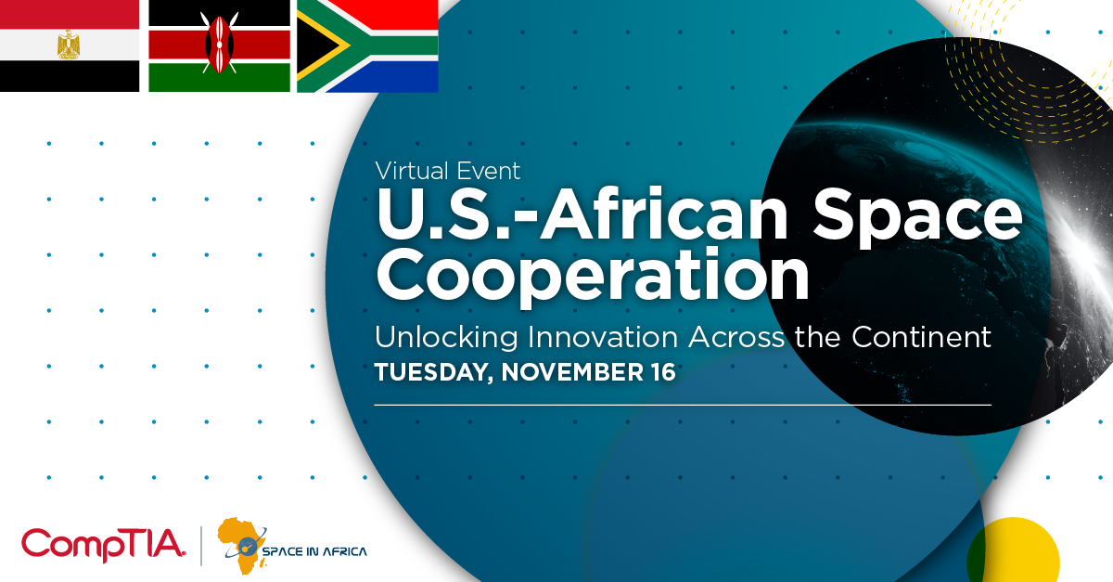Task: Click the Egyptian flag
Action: pyautogui.click(x=70, y=45)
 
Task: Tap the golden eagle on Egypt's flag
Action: pyautogui.click(x=69, y=45)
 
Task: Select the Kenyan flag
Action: pyautogui.click(x=219, y=45)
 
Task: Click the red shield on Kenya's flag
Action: pyautogui.click(x=219, y=44)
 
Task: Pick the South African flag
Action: pyautogui.click(x=367, y=45)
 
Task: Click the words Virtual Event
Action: pyautogui.click(x=448, y=171)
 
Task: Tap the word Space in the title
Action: pyautogui.click(x=917, y=218)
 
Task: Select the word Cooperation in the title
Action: pyautogui.click(x=593, y=275)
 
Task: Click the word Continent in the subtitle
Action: pyautogui.click(x=921, y=337)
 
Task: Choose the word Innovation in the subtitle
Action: pyautogui.click(x=603, y=337)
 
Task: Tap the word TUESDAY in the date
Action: pyautogui.click(x=434, y=373)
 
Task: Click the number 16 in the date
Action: pyautogui.click(x=663, y=372)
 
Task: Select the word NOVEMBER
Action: pyautogui.click(x=572, y=372)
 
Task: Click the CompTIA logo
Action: pyautogui.click(x=103, y=545)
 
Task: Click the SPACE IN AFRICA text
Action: pyautogui.click(x=314, y=551)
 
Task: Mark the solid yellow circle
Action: pyautogui.click(x=1013, y=553)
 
